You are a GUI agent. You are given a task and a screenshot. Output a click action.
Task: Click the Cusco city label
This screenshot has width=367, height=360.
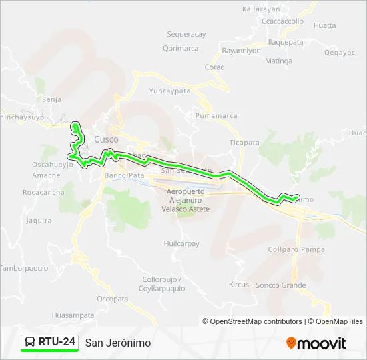pos(106,139)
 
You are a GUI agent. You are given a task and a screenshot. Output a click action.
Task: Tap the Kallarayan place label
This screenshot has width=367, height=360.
pos(261,9)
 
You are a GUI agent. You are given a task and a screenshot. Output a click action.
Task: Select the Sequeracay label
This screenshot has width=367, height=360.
pos(186,34)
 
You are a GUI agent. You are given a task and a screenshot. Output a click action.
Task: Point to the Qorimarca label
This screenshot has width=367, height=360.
pos(180,48)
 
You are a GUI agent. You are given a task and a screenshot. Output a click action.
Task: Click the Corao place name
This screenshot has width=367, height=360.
pos(214,67)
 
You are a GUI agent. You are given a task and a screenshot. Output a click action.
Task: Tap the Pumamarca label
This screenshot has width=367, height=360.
pos(216,115)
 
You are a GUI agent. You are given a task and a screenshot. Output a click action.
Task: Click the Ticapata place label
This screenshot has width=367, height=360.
pos(244,143)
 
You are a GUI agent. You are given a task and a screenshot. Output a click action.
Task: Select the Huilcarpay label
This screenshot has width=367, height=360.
pos(181,244)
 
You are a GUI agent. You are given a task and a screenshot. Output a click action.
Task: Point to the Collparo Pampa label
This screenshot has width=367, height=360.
pos(296,249)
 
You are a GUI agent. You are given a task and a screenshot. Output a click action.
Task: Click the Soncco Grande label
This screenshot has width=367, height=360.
pos(281,285)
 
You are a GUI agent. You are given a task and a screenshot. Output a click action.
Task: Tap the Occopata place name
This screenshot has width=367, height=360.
pos(112,299)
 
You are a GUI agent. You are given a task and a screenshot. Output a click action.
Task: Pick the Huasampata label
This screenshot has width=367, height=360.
pos(73,315)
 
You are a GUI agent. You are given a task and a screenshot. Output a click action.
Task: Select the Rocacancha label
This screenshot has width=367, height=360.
pos(43,192)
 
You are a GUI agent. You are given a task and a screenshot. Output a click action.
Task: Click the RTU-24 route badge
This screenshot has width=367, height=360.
pos(49,342)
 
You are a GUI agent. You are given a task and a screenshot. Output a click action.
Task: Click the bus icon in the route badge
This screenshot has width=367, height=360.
pos(31,343)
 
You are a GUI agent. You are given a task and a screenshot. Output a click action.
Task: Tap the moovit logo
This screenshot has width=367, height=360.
pos(316,343)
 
